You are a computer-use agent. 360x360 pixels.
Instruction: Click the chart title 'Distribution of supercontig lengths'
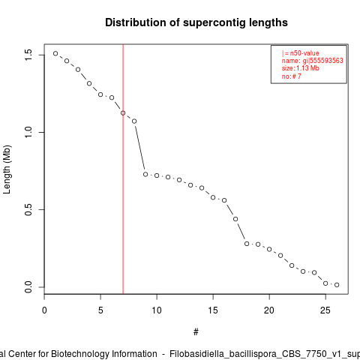coord(196,22)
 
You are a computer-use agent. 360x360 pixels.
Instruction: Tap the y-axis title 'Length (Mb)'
coord(7,169)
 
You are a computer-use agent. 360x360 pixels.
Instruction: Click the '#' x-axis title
coord(196,332)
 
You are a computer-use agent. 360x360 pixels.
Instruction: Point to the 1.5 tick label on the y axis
coord(28,55)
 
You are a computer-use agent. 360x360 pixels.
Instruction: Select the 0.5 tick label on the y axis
coord(28,209)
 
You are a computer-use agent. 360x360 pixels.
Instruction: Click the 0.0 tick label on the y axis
coord(28,287)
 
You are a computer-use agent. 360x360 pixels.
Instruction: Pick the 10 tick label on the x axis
coord(157,310)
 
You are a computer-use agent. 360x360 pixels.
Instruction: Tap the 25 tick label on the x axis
coord(325,310)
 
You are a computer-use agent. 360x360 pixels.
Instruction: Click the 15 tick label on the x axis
coord(213,310)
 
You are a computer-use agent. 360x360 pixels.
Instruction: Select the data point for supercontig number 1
coord(55,53)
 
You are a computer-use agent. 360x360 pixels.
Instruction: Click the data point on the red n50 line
coord(123,113)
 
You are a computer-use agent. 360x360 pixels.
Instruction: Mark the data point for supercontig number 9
coord(145,174)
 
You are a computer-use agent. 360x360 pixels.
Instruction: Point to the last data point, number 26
coord(337,285)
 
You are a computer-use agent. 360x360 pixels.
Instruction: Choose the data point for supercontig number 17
coord(235,219)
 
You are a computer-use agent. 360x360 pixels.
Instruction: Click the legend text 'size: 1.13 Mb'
coord(301,68)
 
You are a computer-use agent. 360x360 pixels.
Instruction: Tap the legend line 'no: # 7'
coord(292,76)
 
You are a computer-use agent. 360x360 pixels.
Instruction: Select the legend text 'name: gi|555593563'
coord(313,61)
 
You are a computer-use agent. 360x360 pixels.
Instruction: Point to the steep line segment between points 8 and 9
coord(140,148)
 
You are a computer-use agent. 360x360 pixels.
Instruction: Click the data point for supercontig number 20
coord(269,249)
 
